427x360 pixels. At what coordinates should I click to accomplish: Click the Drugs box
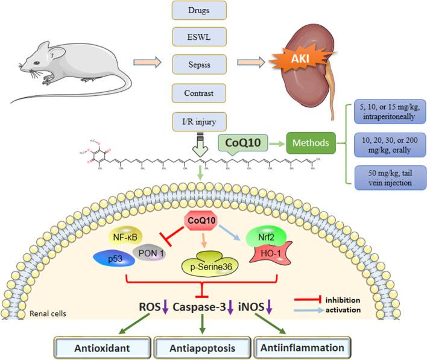click(x=199, y=10)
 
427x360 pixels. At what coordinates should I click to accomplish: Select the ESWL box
click(x=199, y=37)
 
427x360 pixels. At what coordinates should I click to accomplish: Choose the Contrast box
click(x=199, y=93)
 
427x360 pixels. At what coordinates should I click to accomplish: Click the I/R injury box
click(x=199, y=121)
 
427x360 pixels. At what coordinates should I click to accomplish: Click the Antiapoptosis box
click(x=202, y=349)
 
